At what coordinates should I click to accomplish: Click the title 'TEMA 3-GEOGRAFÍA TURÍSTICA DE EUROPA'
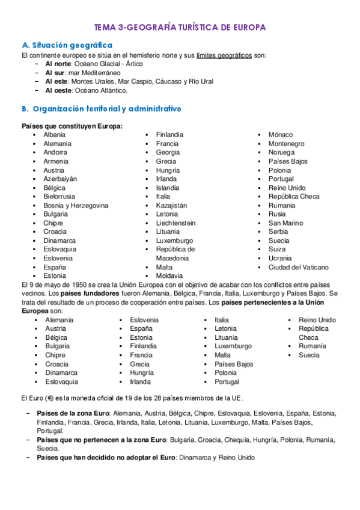click(x=180, y=28)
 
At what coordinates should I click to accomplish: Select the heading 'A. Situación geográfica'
click(x=67, y=45)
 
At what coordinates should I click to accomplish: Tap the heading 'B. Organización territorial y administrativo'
click(x=101, y=109)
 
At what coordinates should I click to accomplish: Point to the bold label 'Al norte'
click(x=58, y=64)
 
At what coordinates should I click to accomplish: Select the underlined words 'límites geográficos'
click(x=224, y=55)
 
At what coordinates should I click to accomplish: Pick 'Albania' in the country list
click(x=54, y=135)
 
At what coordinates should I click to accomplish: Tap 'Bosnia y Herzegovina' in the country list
click(x=76, y=205)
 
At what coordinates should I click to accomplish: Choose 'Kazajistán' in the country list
click(x=171, y=205)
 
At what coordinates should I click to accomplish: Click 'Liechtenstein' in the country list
click(x=175, y=223)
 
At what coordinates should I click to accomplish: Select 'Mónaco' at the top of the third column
click(x=281, y=135)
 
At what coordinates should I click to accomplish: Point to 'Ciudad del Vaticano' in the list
click(x=299, y=267)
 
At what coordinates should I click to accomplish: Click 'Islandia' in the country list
click(x=167, y=188)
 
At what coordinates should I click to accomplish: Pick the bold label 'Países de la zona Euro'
click(x=72, y=413)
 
